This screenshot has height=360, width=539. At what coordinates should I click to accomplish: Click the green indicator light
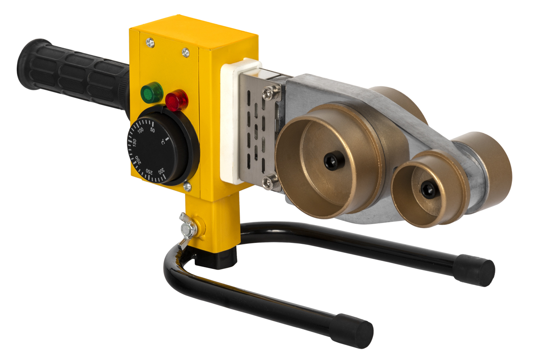tap(151, 93)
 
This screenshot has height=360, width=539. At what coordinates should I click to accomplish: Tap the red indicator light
tap(177, 100)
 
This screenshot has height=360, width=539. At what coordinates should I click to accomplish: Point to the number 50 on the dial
tap(153, 130)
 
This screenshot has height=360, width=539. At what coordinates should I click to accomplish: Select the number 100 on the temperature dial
tap(140, 130)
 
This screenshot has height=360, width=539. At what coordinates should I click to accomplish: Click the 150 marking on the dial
tap(135, 142)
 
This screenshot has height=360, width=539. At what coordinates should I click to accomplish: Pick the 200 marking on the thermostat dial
tap(138, 160)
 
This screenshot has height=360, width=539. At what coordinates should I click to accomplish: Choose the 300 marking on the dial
tap(161, 171)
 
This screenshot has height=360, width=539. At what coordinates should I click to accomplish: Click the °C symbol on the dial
tap(163, 142)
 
